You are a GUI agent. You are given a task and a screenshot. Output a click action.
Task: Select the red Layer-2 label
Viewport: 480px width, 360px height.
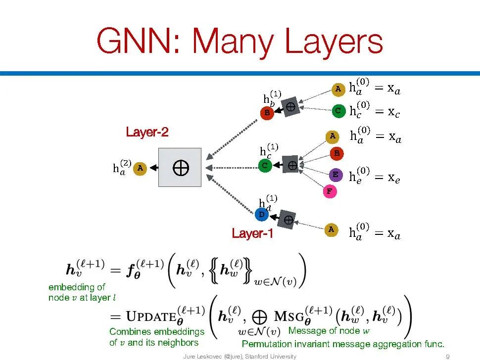coord(147,133)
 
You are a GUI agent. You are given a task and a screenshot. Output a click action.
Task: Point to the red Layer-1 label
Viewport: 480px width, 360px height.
coord(252,233)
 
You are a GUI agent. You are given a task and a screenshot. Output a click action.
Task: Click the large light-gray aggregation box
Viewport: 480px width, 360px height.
coord(180,168)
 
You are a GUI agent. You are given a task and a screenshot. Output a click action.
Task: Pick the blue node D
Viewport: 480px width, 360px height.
coord(261,215)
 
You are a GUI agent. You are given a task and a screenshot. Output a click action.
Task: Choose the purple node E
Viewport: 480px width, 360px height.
coord(336,175)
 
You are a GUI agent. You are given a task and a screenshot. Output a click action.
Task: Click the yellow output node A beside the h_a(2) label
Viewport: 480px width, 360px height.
coord(141,168)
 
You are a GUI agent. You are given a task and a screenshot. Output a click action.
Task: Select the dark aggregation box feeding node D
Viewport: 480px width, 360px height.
coord(287,219)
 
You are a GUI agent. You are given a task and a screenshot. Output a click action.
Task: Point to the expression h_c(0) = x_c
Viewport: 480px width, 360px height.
coord(374,110)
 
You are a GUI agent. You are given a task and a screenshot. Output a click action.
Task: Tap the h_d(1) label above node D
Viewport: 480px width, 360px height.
coord(268,203)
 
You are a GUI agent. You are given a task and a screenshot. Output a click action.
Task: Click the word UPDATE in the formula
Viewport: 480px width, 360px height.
coord(150,315)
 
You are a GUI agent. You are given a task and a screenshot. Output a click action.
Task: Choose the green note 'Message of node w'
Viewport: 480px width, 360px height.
coord(329,330)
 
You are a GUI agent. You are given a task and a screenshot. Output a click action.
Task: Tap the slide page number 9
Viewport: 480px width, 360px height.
coord(447,357)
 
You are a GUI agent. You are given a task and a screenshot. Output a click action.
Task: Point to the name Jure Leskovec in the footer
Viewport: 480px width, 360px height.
coord(202,357)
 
